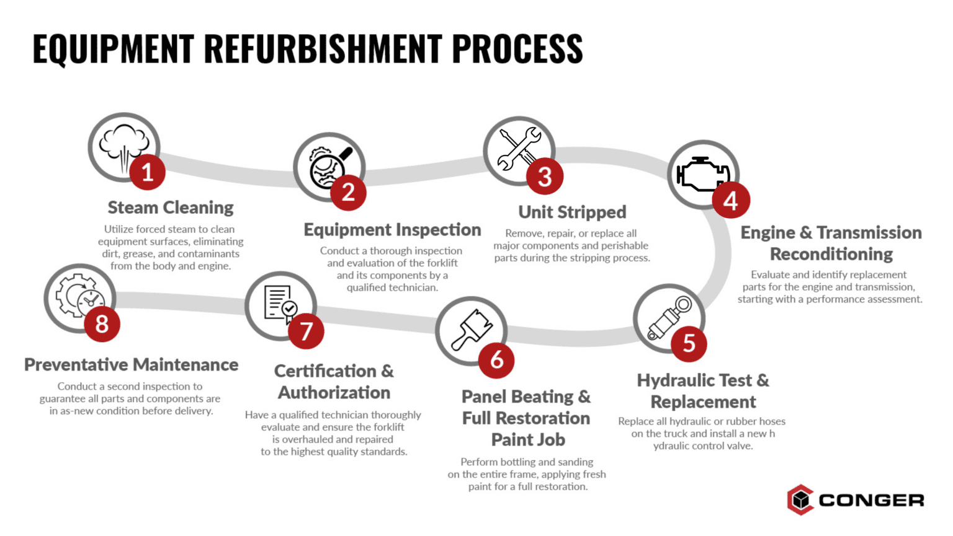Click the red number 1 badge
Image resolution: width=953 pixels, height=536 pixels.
[x=148, y=172]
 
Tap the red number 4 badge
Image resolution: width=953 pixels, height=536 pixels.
[x=731, y=200]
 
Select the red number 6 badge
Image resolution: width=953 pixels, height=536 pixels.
[x=496, y=360]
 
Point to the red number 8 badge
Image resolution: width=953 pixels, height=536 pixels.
[x=102, y=323]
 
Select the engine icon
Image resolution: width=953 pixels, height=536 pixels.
[x=701, y=174]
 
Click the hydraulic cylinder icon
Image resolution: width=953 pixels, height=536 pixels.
[x=668, y=317]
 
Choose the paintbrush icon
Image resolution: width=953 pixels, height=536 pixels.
[x=471, y=329]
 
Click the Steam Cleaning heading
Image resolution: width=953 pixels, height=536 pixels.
[x=171, y=208]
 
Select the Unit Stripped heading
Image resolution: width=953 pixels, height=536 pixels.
[x=572, y=212]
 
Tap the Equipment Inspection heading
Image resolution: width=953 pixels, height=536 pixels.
[x=392, y=230]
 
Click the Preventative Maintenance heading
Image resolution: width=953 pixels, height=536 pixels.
[x=131, y=365]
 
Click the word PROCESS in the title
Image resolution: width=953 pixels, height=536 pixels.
[x=517, y=49]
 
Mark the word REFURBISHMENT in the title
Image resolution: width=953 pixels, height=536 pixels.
[x=323, y=49]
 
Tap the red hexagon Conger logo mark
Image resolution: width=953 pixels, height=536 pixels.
[x=800, y=499]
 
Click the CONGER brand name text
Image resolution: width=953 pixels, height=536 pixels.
[x=871, y=500]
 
